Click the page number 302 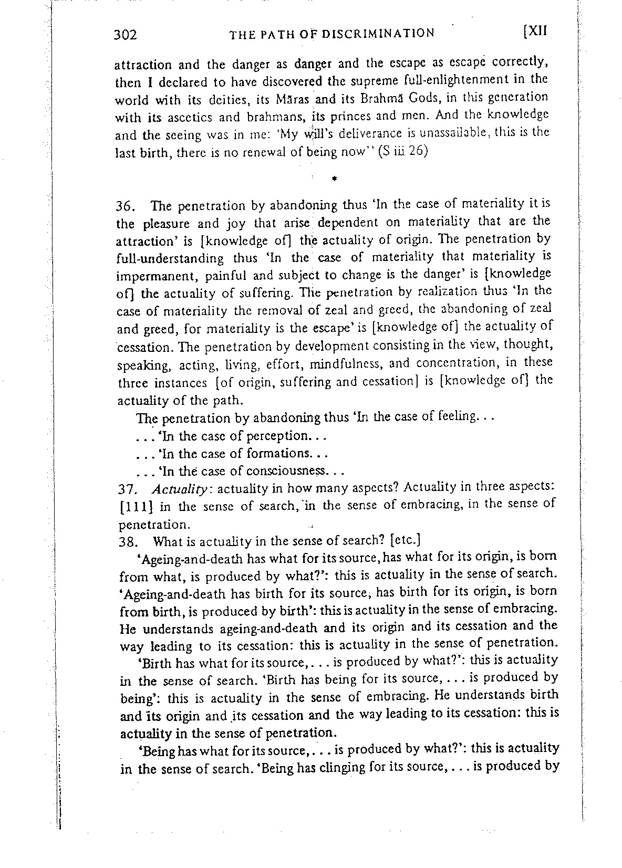(x=126, y=35)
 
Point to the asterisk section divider (x=334, y=179)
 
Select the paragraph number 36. (x=125, y=206)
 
